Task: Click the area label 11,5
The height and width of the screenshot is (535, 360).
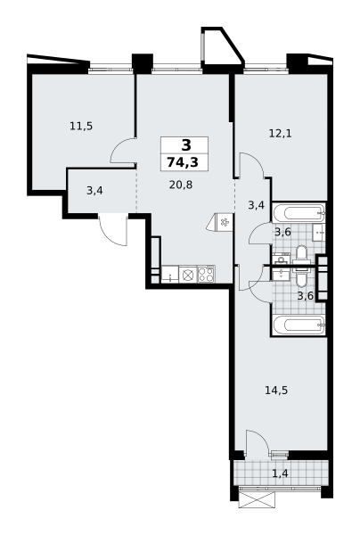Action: click(x=81, y=127)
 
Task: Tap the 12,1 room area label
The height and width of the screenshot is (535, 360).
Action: click(x=281, y=134)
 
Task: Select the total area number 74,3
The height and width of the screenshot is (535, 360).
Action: click(x=183, y=162)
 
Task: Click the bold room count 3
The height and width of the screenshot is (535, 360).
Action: click(x=186, y=145)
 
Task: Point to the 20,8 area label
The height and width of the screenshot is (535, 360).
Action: click(x=181, y=185)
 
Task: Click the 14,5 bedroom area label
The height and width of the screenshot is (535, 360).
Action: click(x=276, y=390)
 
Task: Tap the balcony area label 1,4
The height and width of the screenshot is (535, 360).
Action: click(x=281, y=473)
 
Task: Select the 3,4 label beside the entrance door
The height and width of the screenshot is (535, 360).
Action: click(x=94, y=191)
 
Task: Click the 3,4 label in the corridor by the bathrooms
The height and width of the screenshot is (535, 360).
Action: click(x=257, y=205)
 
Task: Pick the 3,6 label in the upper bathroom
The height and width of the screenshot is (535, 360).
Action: click(x=283, y=232)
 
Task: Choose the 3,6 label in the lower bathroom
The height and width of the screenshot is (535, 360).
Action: click(x=306, y=295)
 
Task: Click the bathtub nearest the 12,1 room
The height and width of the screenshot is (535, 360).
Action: click(x=299, y=212)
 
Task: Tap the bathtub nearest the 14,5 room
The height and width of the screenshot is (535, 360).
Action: click(x=299, y=325)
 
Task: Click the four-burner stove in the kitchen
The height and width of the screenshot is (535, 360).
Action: click(x=206, y=275)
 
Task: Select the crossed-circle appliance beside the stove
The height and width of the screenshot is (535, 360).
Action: click(x=188, y=275)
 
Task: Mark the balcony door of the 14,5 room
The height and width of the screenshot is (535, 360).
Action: click(x=257, y=441)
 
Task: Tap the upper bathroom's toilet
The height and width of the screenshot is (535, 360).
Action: click(x=301, y=254)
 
